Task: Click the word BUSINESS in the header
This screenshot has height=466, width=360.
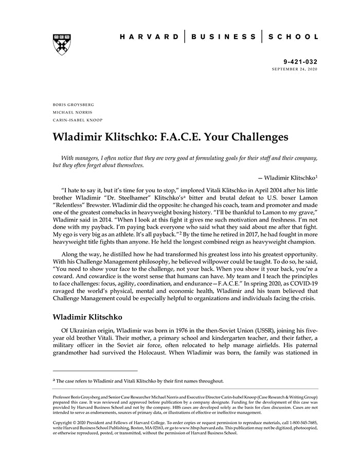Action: [x=223, y=37]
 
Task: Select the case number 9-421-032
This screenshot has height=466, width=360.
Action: [x=300, y=61]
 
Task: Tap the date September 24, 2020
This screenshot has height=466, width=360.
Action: [x=294, y=69]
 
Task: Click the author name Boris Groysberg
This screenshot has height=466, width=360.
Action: [x=74, y=104]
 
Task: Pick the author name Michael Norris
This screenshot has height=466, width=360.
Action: [x=72, y=112]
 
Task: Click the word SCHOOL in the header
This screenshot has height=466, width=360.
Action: [x=293, y=37]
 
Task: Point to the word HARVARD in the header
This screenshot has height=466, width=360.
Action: [x=150, y=37]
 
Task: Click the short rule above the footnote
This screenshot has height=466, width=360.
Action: [x=95, y=370]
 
